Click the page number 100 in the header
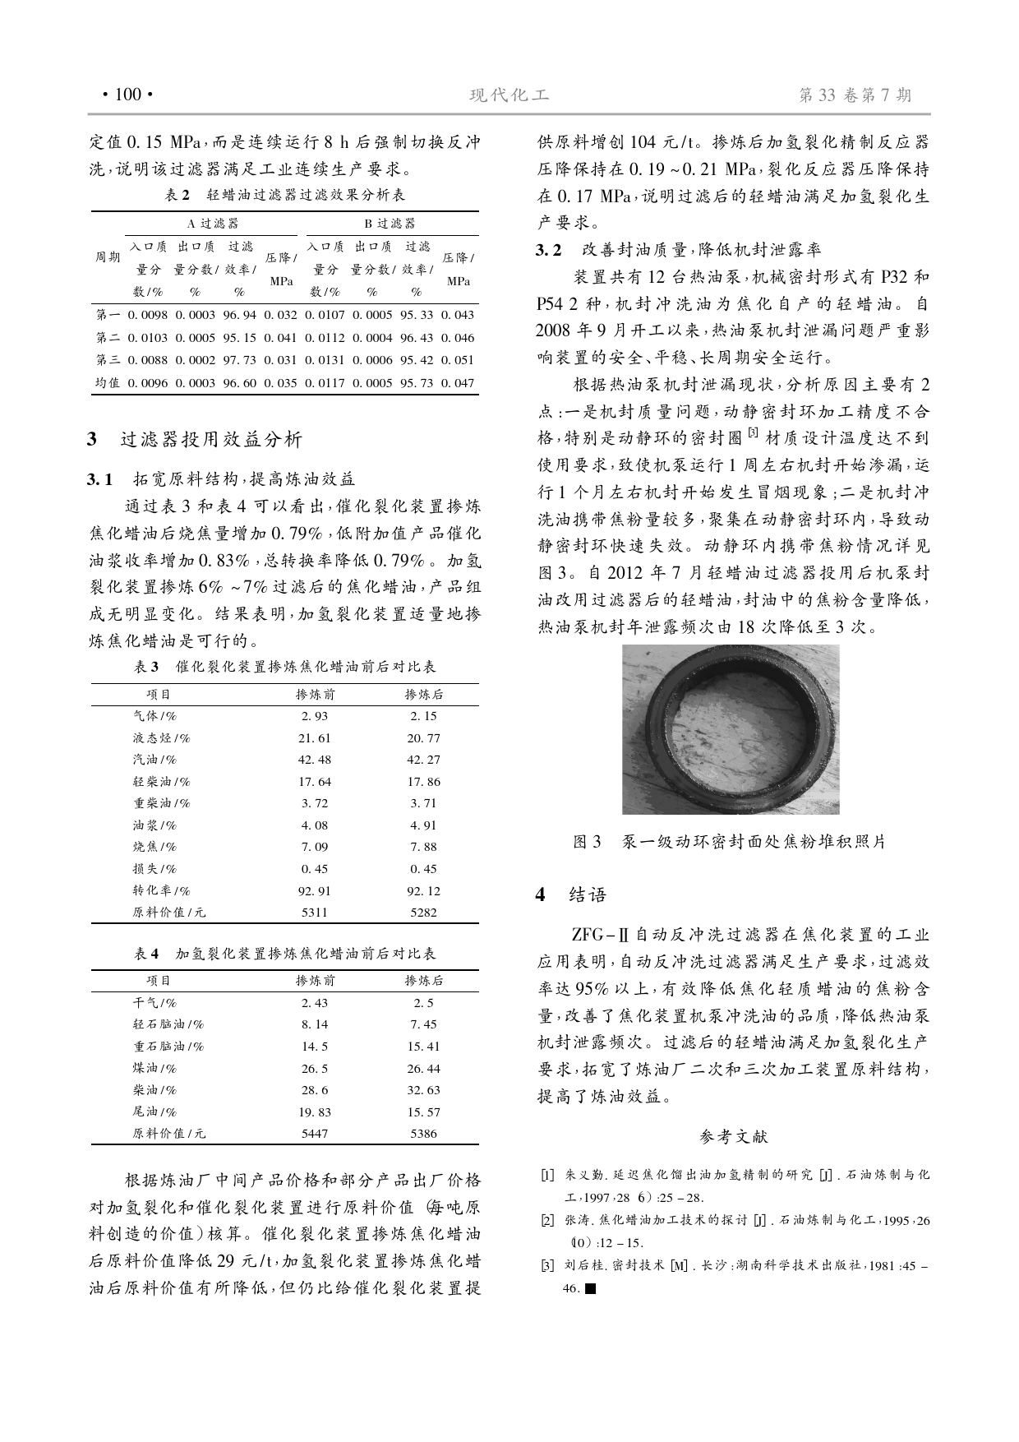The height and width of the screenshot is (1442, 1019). (x=127, y=95)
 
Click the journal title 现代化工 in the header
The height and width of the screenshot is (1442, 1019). (x=509, y=95)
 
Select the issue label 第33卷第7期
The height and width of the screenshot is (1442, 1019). (x=855, y=95)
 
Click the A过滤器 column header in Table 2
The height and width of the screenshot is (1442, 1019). (x=213, y=224)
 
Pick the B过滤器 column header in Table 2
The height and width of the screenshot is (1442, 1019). (x=390, y=224)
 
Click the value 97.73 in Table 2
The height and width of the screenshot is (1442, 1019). (x=239, y=360)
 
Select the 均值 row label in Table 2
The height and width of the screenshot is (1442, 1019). (x=108, y=383)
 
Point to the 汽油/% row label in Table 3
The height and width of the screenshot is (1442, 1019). (x=154, y=760)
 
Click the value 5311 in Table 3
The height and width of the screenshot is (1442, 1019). (x=315, y=913)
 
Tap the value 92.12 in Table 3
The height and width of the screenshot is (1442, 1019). (x=423, y=890)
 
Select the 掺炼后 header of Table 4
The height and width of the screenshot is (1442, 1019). (x=424, y=981)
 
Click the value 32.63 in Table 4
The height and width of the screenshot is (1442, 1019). (x=423, y=1090)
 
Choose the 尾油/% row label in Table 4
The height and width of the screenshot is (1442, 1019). (x=154, y=1112)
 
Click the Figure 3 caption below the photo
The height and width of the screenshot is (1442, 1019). (x=729, y=842)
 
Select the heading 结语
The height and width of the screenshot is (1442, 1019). (x=587, y=895)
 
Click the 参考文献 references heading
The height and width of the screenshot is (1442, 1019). (x=734, y=1137)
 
